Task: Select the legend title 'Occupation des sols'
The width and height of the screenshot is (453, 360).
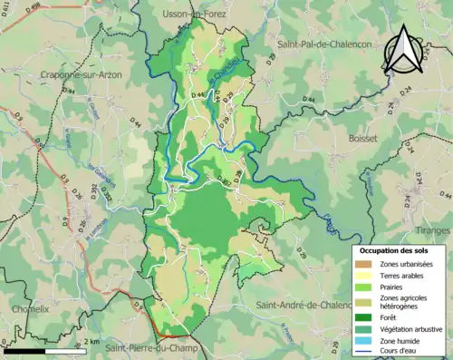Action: pos(392,250)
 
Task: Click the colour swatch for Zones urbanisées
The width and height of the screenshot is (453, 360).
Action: pos(367,264)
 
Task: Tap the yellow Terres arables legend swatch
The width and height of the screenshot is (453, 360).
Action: pos(367,276)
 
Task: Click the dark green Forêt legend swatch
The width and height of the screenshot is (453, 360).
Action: pos(367,317)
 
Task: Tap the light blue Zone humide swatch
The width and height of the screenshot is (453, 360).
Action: pos(367,340)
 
